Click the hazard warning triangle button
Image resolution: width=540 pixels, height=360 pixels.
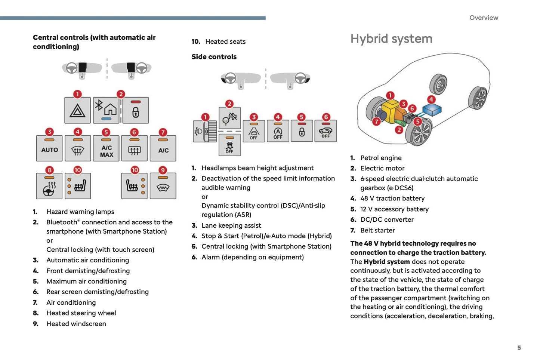point(77,110)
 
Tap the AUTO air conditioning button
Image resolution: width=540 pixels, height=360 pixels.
point(49,148)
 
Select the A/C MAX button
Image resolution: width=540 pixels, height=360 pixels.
point(106,148)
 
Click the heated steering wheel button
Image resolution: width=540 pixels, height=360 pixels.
point(49,186)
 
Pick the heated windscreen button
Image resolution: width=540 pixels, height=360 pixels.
point(163,186)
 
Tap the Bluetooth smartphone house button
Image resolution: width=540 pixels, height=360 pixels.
point(106,110)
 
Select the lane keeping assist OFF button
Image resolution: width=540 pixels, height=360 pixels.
point(254,131)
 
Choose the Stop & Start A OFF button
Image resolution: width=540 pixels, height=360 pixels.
point(278,131)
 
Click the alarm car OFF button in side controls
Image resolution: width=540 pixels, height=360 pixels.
point(325,131)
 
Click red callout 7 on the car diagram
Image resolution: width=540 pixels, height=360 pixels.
point(377,121)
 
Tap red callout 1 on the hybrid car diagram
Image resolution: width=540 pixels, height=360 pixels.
point(390,95)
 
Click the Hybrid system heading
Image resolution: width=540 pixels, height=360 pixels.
point(391,39)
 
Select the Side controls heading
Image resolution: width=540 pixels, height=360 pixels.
point(214,57)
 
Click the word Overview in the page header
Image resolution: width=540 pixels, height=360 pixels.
point(484,18)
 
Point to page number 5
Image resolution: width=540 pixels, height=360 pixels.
point(519,348)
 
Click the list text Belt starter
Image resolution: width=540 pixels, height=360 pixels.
point(377,230)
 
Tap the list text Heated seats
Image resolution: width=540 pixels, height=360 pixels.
point(225,41)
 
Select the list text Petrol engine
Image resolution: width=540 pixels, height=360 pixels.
point(381,158)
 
